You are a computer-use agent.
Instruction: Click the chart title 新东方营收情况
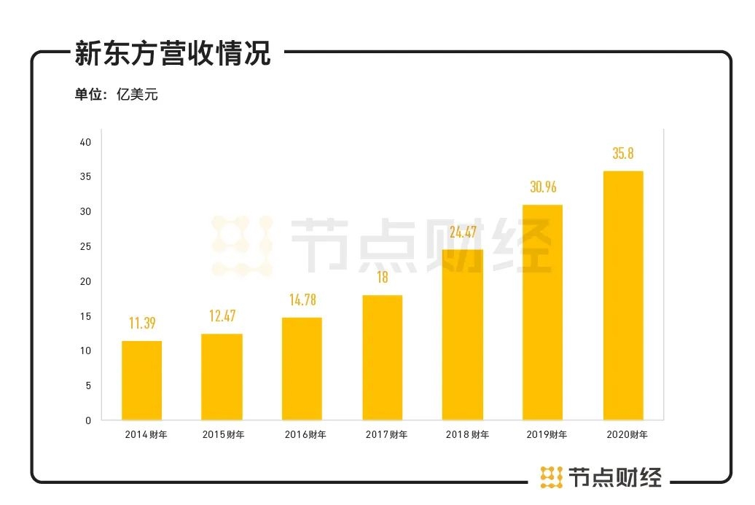[x=173, y=54]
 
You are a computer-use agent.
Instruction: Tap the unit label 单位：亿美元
[x=116, y=95]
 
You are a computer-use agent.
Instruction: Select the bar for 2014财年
[x=141, y=380]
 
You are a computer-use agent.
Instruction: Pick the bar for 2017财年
[x=382, y=357]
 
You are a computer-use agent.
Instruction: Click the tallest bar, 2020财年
[x=623, y=295]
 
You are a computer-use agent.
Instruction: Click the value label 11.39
[x=142, y=324]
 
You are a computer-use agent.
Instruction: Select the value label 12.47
[x=222, y=317]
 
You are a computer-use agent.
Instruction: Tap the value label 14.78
[x=302, y=300]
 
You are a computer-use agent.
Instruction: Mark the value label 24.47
[x=462, y=232]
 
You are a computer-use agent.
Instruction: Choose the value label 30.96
[x=543, y=187]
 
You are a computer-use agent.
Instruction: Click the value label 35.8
[x=623, y=154]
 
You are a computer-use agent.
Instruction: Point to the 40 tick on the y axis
[x=86, y=142]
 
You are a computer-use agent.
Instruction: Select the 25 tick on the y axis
[x=86, y=246]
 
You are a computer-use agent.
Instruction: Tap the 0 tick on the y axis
[x=88, y=420]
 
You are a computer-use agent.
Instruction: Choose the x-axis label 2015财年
[x=223, y=435]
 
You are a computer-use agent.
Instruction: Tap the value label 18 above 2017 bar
[x=382, y=278]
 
